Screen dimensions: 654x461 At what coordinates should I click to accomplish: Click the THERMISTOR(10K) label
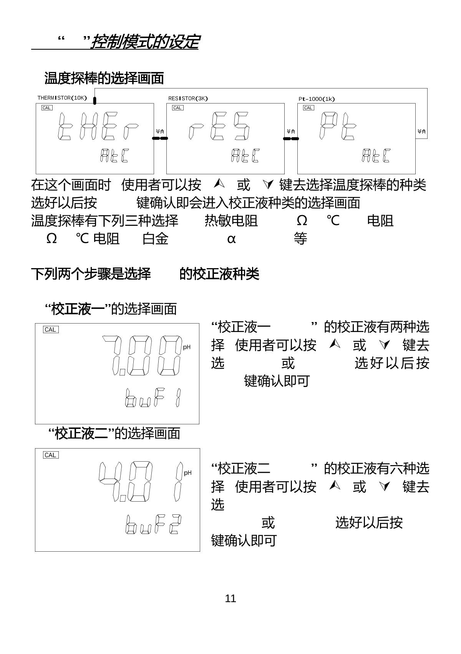tap(62, 98)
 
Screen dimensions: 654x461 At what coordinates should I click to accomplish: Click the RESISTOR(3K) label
tap(188, 98)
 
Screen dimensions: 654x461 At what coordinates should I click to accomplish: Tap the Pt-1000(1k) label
tap(317, 99)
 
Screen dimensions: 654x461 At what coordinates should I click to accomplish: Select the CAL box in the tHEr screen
tap(47, 108)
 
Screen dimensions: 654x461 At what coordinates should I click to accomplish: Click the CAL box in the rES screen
tap(177, 108)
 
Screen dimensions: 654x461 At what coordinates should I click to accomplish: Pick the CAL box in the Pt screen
tap(308, 108)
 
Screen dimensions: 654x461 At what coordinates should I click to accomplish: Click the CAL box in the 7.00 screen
tap(50, 330)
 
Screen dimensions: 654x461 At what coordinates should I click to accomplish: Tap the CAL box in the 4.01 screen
tap(50, 455)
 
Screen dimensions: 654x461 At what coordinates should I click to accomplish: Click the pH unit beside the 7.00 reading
tap(187, 347)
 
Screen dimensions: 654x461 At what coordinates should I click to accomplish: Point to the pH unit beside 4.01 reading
tap(187, 473)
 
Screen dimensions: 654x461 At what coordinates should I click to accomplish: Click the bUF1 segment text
tap(153, 398)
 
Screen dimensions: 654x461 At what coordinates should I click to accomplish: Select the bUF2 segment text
tap(153, 524)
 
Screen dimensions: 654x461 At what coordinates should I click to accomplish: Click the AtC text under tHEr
tap(114, 155)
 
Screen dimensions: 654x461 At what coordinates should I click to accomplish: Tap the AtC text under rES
tap(245, 155)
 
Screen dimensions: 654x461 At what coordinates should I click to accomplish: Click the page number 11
tap(230, 599)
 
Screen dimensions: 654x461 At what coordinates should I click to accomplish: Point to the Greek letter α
tap(231, 239)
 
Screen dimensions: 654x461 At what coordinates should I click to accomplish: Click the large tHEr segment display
tap(98, 127)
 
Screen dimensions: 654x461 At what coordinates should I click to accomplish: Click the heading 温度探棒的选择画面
tap(104, 78)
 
